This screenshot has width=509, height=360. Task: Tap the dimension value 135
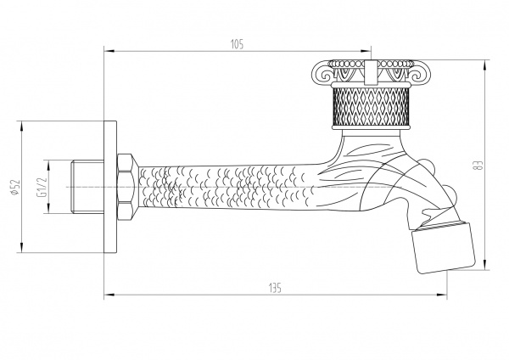(x=274, y=287)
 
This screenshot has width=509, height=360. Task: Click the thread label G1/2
(x=42, y=188)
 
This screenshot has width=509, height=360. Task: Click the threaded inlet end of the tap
(x=84, y=187)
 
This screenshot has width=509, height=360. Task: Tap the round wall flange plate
(x=108, y=187)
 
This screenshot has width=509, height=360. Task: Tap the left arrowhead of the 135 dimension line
(x=107, y=296)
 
